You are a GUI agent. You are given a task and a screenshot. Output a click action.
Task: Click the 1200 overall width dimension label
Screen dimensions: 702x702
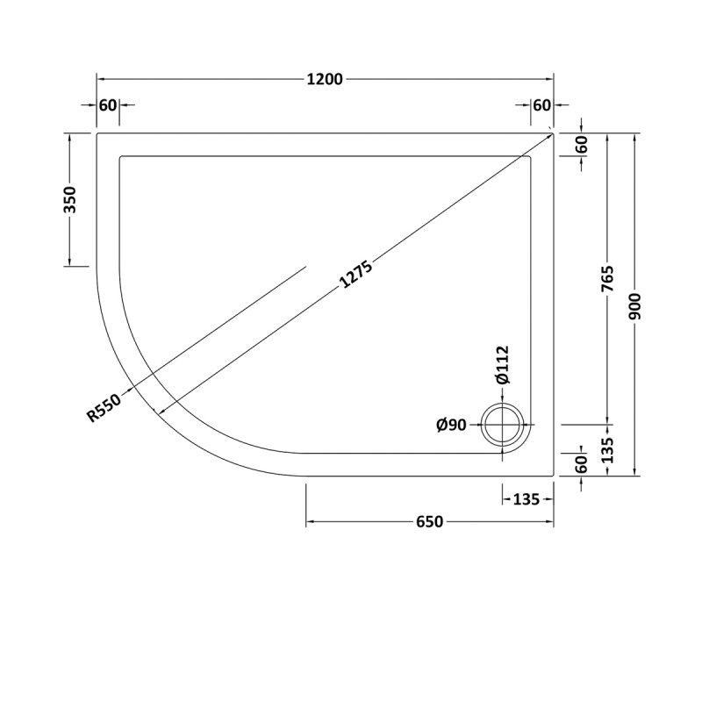pyautogui.click(x=325, y=79)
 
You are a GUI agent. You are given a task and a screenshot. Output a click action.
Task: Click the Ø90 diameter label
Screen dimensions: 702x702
pyautogui.click(x=451, y=426)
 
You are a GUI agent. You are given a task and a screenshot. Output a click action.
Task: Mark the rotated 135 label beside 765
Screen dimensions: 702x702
pyautogui.click(x=606, y=451)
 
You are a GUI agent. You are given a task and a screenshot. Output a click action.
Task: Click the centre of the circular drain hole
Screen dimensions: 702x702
pyautogui.click(x=504, y=426)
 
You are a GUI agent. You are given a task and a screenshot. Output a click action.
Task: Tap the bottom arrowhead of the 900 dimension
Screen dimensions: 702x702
pyautogui.click(x=636, y=473)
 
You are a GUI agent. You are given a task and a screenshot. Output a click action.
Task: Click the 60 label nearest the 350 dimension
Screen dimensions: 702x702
pyautogui.click(x=108, y=105)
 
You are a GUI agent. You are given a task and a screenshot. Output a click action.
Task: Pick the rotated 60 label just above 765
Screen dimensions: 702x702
pyautogui.click(x=582, y=146)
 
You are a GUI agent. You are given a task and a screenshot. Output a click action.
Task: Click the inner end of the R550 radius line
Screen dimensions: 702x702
pyautogui.click(x=305, y=265)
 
